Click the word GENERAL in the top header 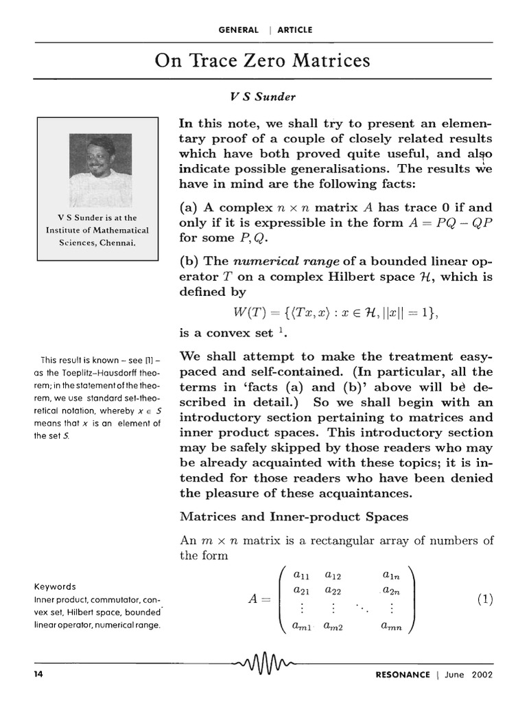point(238,30)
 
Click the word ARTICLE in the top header point(294,30)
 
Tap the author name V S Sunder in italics point(263,97)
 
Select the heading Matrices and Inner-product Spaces point(294,516)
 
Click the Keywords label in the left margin point(55,587)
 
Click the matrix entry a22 point(334,590)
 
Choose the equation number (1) point(484,599)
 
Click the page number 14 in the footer point(38,674)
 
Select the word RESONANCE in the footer point(403,674)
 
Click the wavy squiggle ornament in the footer point(263,665)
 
